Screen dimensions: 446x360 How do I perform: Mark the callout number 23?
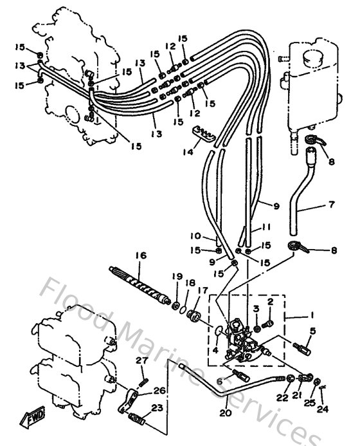pos(157,407)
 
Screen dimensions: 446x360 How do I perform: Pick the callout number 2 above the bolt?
pos(271,301)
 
